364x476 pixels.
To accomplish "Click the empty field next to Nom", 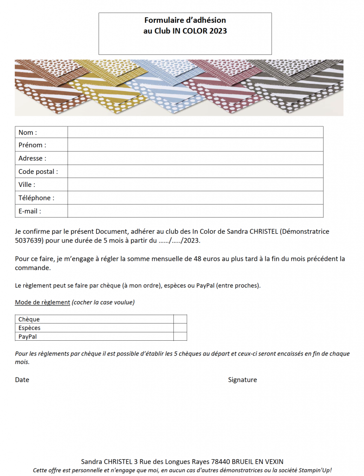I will (x=195, y=132).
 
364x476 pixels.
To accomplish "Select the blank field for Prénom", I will (x=195, y=145).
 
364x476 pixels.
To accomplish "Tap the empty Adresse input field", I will (x=195, y=158).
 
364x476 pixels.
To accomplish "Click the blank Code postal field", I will (x=195, y=172).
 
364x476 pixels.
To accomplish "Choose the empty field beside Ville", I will (x=195, y=185).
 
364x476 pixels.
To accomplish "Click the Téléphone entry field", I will (x=195, y=198).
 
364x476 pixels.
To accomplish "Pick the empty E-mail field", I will (x=195, y=211).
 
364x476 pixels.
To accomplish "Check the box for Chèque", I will (x=180, y=319).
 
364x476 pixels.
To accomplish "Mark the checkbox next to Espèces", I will (x=180, y=328).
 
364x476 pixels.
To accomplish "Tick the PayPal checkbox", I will (x=180, y=336).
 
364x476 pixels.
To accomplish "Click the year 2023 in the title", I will (x=218, y=31).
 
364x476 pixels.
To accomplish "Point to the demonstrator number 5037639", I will (x=29, y=241).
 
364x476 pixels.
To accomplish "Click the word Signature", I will (x=242, y=380).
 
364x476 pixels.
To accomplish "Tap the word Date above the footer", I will (x=22, y=380).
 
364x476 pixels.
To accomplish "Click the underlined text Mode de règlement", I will (x=42, y=303).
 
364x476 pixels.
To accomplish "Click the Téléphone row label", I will (x=36, y=198).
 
